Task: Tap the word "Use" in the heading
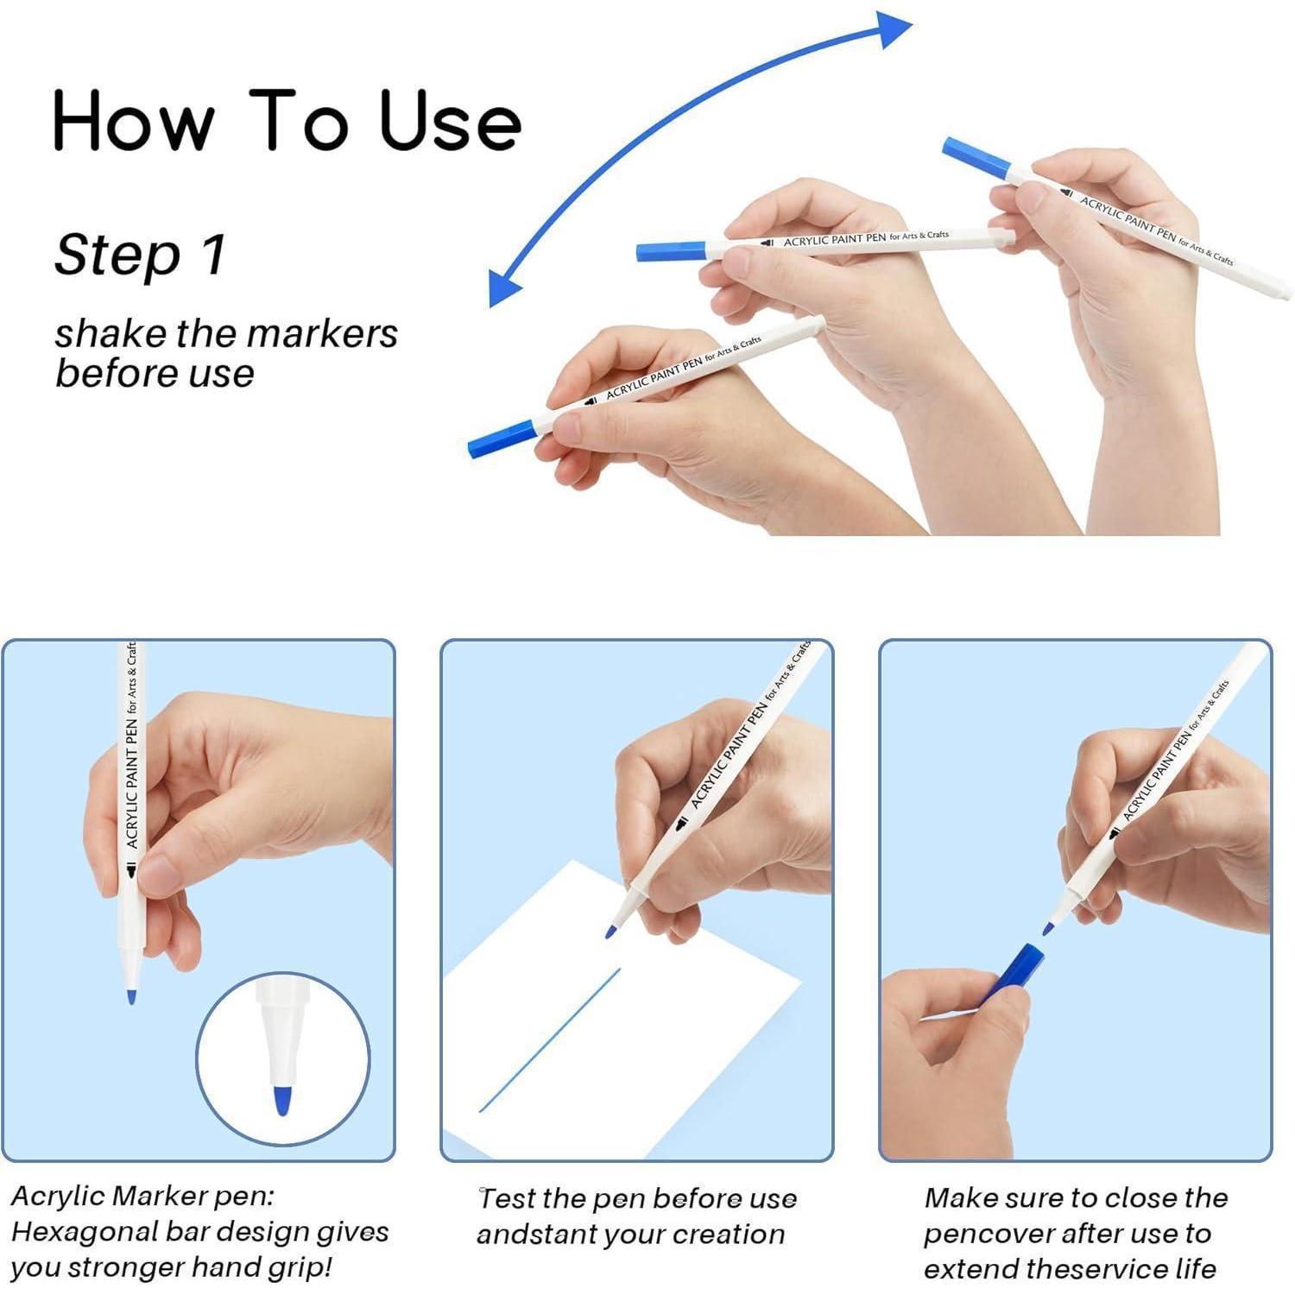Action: [x=450, y=120]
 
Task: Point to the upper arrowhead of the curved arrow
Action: [x=894, y=30]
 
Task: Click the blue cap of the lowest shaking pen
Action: [x=502, y=438]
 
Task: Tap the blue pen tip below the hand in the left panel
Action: [x=131, y=997]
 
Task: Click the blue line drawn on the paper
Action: [x=550, y=1039]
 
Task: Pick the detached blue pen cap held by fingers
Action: [x=1012, y=973]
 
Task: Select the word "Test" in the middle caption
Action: [x=508, y=1198]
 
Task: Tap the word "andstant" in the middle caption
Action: [x=534, y=1235]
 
